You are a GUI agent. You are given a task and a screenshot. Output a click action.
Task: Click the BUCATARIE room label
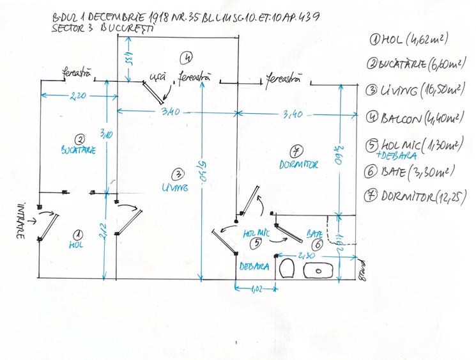[x=79, y=151]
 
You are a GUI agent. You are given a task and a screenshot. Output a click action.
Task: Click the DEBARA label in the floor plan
[x=253, y=265]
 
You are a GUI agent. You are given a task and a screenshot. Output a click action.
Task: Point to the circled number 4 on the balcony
[x=187, y=58]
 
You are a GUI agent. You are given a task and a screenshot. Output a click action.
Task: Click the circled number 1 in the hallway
[x=77, y=234]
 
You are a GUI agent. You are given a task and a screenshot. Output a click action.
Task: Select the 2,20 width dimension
[x=79, y=96]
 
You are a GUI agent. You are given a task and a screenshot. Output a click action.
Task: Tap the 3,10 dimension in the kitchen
[x=106, y=134]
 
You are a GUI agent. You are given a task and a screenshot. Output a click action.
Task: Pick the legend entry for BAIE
[x=410, y=171]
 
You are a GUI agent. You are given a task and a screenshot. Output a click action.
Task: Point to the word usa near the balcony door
[x=157, y=76]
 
